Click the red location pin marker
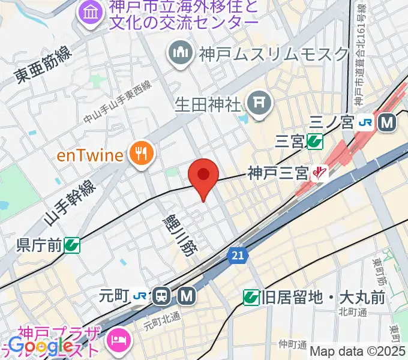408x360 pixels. point(203,175)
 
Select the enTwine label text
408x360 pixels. point(90,156)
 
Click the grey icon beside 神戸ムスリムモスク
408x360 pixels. point(180,53)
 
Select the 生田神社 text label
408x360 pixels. point(208,104)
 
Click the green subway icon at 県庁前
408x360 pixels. point(73,244)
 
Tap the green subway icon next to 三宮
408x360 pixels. point(314,141)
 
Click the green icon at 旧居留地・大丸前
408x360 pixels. point(251,296)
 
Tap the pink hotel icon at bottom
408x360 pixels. point(118,340)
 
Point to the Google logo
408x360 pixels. point(41,346)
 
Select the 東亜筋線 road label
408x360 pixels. point(44,66)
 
